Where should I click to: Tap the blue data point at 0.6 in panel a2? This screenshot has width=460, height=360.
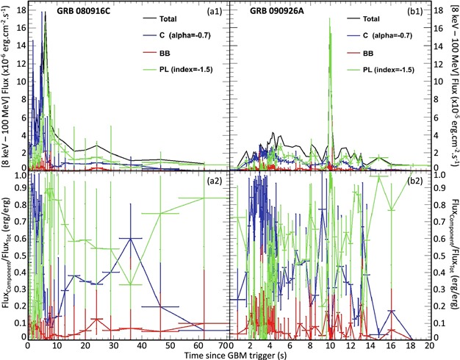[x=130, y=238]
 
